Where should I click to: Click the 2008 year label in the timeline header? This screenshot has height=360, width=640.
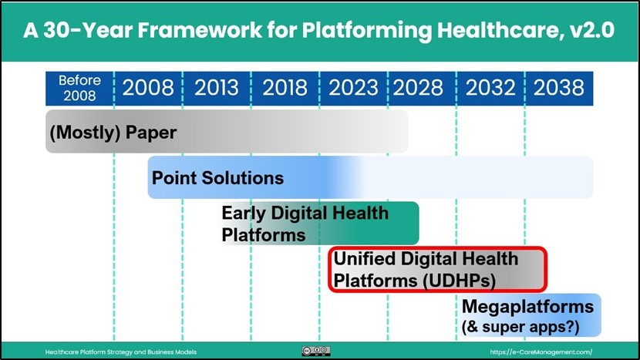click(x=148, y=87)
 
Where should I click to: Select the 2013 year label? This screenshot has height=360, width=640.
click(x=217, y=87)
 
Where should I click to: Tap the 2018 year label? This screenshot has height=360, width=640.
click(x=285, y=87)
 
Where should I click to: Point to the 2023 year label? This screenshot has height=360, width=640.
click(x=353, y=87)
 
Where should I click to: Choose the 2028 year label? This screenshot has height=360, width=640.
click(x=418, y=87)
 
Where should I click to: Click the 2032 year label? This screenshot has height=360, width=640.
click(x=490, y=87)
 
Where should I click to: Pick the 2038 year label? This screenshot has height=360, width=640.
click(x=559, y=87)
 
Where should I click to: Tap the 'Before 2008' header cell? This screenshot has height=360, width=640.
click(x=79, y=88)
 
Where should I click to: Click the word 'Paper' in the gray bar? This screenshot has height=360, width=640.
click(x=151, y=133)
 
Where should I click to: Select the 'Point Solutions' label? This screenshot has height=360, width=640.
click(x=217, y=178)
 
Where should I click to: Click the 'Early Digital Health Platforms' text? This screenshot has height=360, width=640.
click(x=305, y=224)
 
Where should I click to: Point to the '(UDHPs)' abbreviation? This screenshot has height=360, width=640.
click(x=460, y=281)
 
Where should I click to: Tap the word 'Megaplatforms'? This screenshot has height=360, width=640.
click(x=527, y=306)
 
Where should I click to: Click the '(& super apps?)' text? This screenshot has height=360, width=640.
click(x=520, y=327)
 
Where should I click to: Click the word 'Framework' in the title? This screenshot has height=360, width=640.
click(x=199, y=30)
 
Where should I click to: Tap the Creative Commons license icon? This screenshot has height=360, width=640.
click(x=316, y=351)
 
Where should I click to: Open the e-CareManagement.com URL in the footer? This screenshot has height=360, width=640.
click(x=541, y=352)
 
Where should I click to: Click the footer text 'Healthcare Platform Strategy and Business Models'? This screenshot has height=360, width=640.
click(x=121, y=352)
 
